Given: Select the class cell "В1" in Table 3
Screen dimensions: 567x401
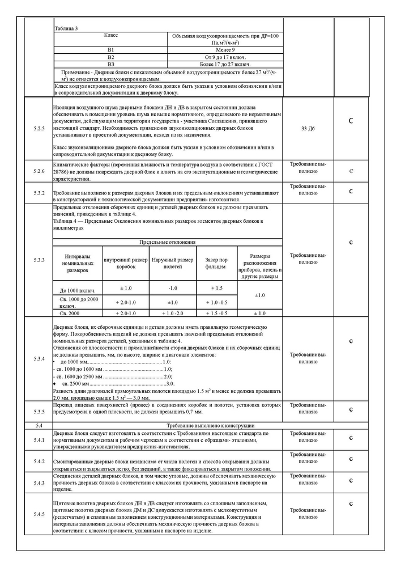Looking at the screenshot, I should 111,50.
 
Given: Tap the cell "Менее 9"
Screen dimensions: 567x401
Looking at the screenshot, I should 225,50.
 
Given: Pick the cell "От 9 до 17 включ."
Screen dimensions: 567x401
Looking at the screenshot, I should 225,57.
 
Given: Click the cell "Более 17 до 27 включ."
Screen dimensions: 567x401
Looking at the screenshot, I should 225,65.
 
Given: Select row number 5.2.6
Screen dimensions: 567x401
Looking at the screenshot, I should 39,171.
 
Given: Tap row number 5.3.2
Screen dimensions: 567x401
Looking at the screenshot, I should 39,193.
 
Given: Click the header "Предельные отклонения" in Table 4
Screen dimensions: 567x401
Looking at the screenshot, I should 167,242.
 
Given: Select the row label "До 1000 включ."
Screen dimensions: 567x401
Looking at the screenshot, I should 78,290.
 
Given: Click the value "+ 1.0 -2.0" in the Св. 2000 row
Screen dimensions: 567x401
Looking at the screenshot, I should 172,313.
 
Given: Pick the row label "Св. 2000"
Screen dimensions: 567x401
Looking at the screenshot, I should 78,313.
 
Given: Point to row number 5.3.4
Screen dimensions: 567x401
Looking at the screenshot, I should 39,359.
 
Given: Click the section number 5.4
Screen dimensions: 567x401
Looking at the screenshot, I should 39,425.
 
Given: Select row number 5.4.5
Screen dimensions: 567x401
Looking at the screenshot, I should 39,514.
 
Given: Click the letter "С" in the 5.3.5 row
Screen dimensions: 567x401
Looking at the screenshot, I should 351,410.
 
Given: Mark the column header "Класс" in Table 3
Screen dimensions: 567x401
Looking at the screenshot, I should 111,36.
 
